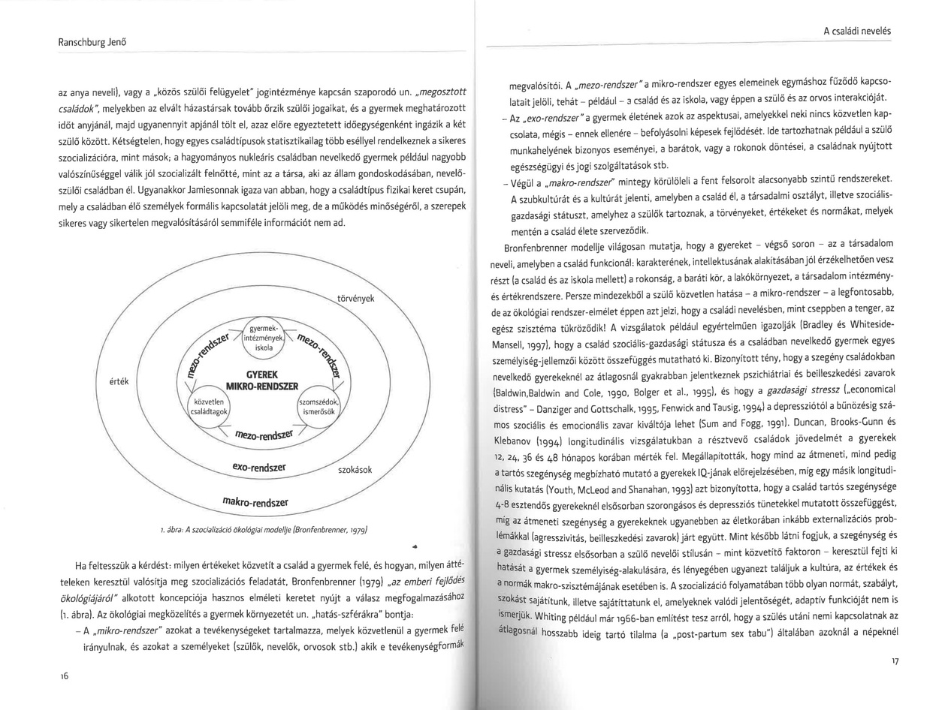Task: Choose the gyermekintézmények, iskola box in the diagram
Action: coord(264,338)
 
